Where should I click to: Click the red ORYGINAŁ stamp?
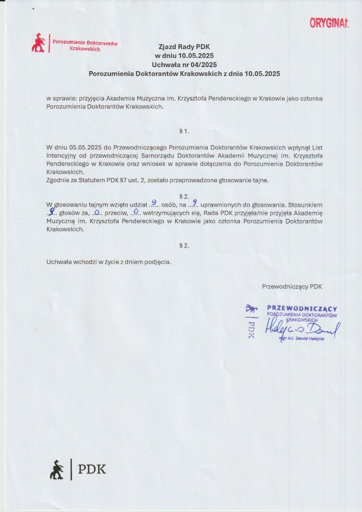pos(329,23)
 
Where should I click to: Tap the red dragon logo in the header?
pos(39,43)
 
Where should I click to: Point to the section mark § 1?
pos(185,131)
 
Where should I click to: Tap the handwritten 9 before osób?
pos(152,203)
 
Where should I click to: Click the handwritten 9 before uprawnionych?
pos(194,203)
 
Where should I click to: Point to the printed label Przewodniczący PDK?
pos(292,286)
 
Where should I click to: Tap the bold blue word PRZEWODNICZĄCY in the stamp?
pos(302,308)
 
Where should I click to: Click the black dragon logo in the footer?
pos(57,469)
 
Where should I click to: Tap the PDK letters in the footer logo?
pos(92,469)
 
